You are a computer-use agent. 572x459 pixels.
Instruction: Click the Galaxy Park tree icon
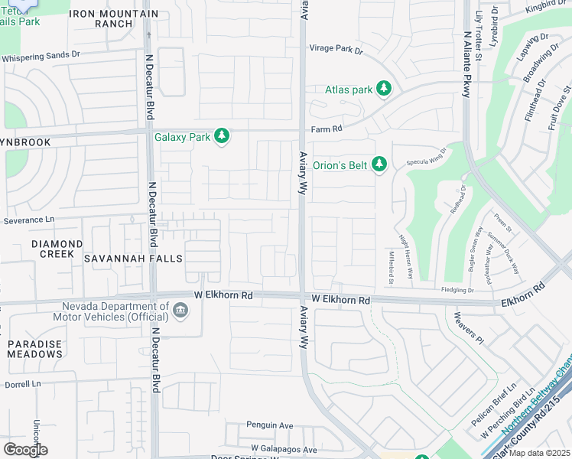pyautogui.click(x=222, y=137)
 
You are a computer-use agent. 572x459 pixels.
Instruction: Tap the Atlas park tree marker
pyautogui.click(x=384, y=90)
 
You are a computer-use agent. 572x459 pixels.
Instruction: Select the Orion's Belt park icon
pyautogui.click(x=379, y=164)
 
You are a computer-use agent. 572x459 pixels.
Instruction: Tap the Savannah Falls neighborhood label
pyautogui.click(x=133, y=259)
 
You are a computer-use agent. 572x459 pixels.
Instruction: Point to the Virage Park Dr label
pyautogui.click(x=336, y=49)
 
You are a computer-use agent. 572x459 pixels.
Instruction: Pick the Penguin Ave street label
pyautogui.click(x=269, y=425)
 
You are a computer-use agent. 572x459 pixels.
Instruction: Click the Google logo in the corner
pyautogui.click(x=25, y=450)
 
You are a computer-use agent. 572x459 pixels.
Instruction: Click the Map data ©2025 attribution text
pyautogui.click(x=538, y=453)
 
